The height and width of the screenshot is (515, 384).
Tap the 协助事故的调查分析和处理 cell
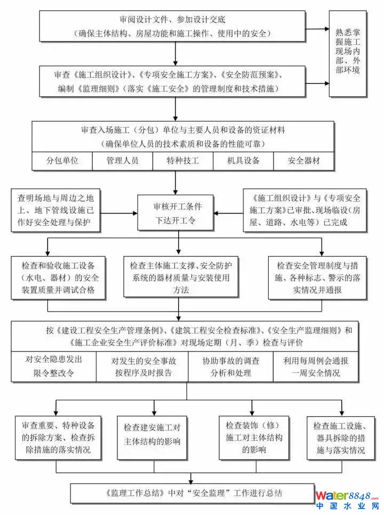230,366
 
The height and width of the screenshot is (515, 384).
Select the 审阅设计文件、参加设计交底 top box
175,26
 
